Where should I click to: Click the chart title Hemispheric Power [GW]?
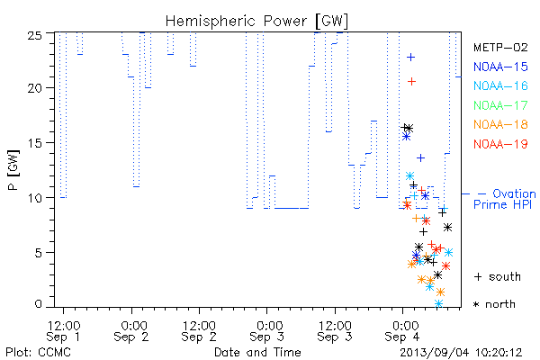[x=256, y=22]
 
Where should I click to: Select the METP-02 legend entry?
[x=500, y=48]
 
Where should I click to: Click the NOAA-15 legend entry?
[x=500, y=67]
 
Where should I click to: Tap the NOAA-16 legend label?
[x=500, y=85]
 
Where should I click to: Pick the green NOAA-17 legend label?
[x=500, y=105]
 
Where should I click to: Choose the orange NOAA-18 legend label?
[x=500, y=124]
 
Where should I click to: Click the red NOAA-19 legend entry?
[x=500, y=144]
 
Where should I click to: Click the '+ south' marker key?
[x=498, y=276]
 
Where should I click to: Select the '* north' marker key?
[x=494, y=304]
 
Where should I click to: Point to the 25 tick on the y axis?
[x=34, y=35]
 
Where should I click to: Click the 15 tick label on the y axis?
[x=34, y=142]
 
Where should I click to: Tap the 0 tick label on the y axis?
[x=38, y=304]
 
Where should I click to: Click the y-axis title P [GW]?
[x=13, y=169]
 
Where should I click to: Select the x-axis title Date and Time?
[x=257, y=353]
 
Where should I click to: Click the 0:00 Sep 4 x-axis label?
[x=403, y=331]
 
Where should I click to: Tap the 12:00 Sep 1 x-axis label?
[x=63, y=331]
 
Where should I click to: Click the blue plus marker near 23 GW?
[x=411, y=58]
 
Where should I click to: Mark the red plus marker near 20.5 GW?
[x=411, y=81]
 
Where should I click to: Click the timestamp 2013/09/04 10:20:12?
[x=461, y=353]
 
